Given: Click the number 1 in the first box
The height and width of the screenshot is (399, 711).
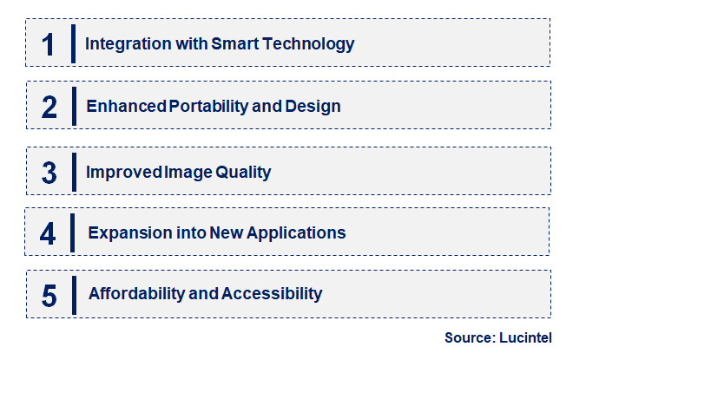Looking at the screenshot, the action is coord(48,45).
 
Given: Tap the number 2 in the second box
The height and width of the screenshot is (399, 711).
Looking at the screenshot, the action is coord(49,108).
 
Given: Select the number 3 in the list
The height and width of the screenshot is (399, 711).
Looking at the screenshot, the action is coord(49,173).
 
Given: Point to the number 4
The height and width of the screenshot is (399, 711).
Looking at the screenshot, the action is coord(48,233).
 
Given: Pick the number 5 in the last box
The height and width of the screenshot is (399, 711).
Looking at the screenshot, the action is coord(49,296).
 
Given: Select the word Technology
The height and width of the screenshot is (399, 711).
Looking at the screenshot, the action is coord(308,44).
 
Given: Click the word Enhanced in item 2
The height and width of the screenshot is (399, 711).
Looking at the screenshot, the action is coord(127,106).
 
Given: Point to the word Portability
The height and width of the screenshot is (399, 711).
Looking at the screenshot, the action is coord(208,107).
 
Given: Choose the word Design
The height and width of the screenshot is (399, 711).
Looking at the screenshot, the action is coord(313,107).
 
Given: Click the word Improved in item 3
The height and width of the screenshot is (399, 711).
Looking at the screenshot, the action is coord(124,172).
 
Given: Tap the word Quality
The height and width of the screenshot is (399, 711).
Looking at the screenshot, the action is coord(243,173).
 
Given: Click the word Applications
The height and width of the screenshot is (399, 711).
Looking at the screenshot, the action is coord(296,233).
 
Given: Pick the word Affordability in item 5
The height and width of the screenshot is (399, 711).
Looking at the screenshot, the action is coord(137,294).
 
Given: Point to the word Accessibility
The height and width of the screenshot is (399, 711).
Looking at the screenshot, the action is coord(272,294).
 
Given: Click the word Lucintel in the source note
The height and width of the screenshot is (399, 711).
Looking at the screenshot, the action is coord(525,338).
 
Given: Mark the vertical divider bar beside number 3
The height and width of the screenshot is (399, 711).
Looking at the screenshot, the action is coord(74,172).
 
